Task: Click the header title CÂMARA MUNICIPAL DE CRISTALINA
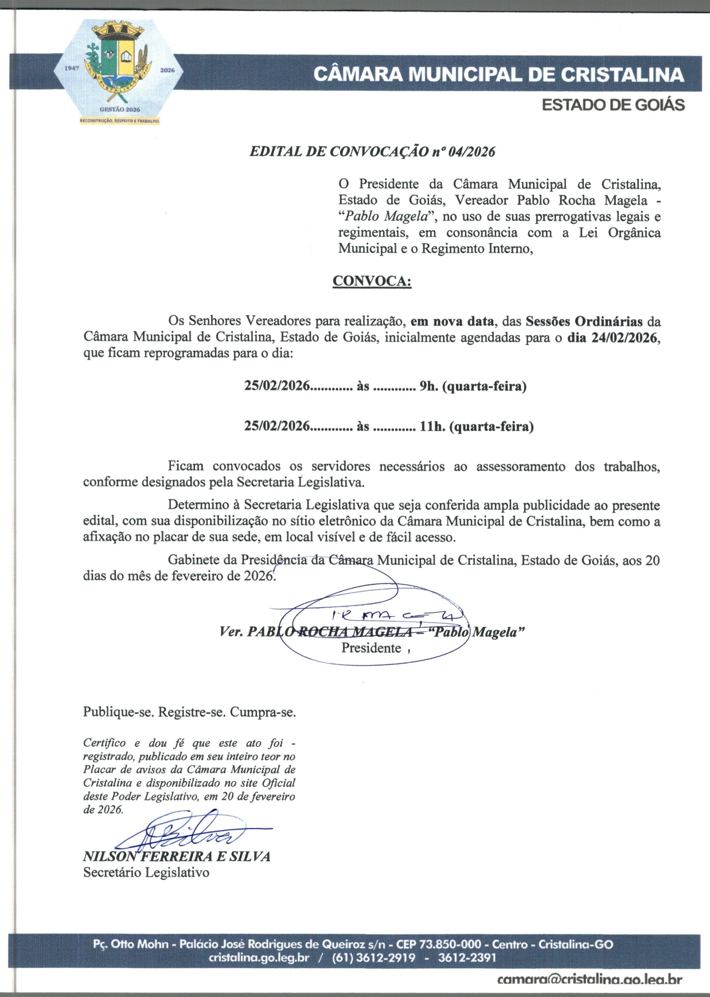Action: click(x=499, y=75)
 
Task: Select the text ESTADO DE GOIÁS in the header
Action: click(x=614, y=105)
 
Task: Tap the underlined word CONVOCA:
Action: click(x=372, y=281)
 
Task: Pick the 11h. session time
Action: click(x=431, y=427)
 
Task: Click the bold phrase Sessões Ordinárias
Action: click(x=584, y=321)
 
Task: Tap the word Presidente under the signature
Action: click(x=371, y=648)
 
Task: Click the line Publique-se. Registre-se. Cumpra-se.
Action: click(x=189, y=713)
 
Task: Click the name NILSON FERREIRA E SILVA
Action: click(x=177, y=857)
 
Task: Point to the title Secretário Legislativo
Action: click(x=146, y=873)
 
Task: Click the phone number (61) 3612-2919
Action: click(x=373, y=958)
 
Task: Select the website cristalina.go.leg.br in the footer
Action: click(x=259, y=958)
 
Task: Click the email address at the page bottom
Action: click(x=590, y=980)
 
